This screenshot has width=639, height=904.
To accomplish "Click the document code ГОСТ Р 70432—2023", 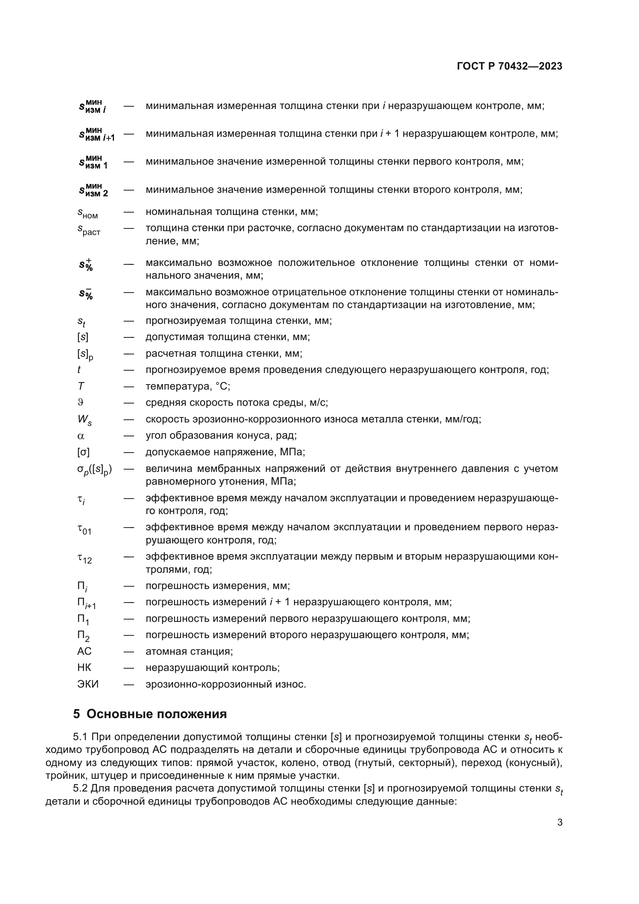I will coord(510,66).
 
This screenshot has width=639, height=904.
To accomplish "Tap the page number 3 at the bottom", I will coord(559,822).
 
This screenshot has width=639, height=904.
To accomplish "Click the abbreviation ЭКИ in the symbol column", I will coord(88,684).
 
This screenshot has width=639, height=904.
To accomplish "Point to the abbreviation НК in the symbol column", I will coord(84,667).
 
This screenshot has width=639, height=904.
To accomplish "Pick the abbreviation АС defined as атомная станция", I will coord(84,651).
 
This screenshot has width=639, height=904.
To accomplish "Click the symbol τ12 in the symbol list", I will coord(84,558).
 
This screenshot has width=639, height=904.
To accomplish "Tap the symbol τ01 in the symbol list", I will coord(84,529).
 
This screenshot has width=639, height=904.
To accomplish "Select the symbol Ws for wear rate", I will coord(84,420).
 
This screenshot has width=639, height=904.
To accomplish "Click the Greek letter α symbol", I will coord(81,436).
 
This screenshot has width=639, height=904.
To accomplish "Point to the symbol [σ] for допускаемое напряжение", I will coord(83,452).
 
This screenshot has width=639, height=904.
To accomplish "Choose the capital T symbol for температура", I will coord(81,386).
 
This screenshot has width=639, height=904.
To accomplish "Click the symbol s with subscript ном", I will coord(87,213).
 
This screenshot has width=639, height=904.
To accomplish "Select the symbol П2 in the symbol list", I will coord(83,635).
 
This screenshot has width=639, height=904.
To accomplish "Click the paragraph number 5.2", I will coord(80,800).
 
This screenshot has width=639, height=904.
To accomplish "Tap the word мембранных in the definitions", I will coord(229,468).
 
